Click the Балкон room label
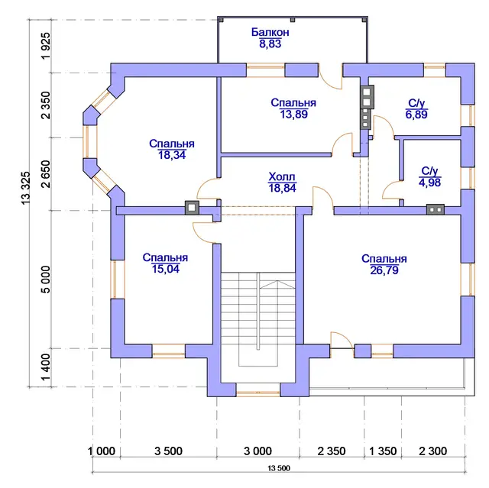click(x=270, y=32)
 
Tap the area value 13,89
click(x=293, y=115)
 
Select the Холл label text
click(x=282, y=176)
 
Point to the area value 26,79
click(x=384, y=270)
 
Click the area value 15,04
click(x=166, y=269)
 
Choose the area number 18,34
click(x=172, y=155)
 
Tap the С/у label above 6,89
click(x=416, y=103)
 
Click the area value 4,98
click(x=429, y=183)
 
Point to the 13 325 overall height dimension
click(x=26, y=188)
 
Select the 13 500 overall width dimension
click(x=279, y=468)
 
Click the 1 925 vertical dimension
click(x=46, y=46)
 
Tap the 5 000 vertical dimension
click(x=46, y=280)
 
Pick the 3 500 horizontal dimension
click(x=168, y=451)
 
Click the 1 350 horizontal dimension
click(x=383, y=451)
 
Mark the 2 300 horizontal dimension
click(x=433, y=451)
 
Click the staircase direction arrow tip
click(x=277, y=281)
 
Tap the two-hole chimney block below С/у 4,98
click(x=436, y=210)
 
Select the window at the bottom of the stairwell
click(x=258, y=393)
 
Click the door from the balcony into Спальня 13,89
click(x=331, y=76)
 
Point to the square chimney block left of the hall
click(x=192, y=208)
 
